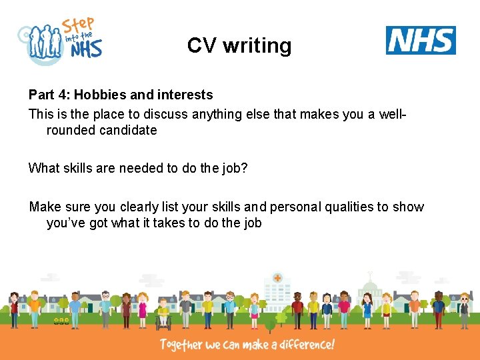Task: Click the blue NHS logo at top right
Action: (421, 41)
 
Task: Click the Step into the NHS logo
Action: (61, 41)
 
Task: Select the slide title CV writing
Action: (239, 45)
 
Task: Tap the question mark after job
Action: (244, 168)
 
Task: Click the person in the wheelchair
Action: (163, 316)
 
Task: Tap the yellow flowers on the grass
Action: (61, 321)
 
